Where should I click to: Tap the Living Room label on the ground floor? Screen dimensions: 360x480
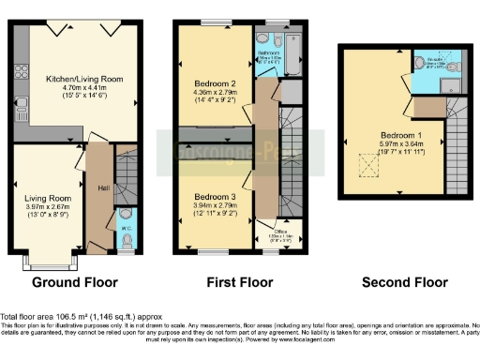tap(47, 198)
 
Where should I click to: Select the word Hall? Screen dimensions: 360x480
tap(103, 190)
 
